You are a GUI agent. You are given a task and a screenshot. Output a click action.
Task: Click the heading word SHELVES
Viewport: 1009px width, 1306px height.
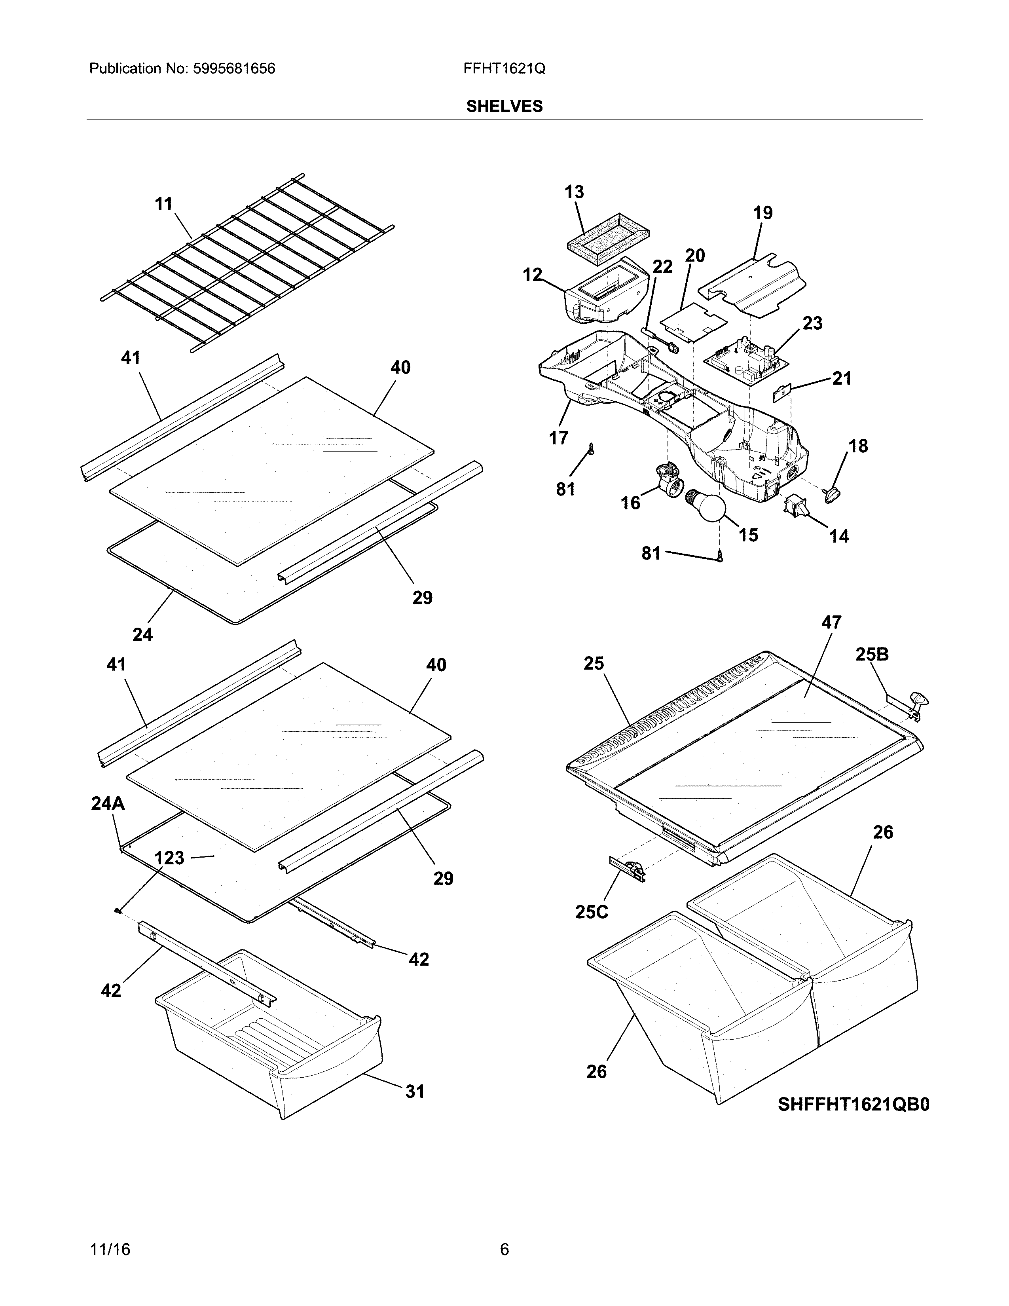click(504, 106)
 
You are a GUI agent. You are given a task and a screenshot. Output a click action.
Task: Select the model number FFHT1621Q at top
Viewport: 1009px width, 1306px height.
click(504, 69)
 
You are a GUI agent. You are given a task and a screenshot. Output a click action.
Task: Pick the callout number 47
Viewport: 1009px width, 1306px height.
click(831, 623)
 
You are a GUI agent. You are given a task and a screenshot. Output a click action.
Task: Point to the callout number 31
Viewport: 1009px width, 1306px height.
click(415, 1092)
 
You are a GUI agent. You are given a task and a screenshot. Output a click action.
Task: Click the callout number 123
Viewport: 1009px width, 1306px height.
click(169, 858)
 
